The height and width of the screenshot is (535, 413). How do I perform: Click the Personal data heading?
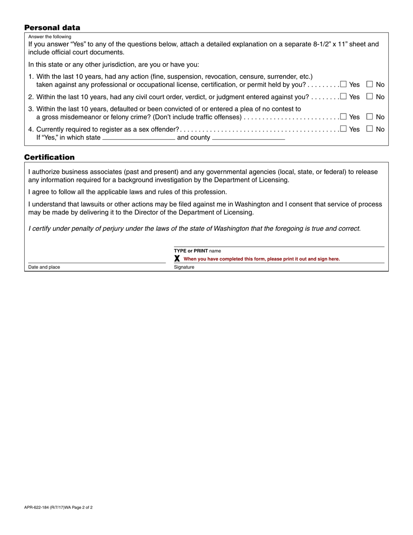click(52, 28)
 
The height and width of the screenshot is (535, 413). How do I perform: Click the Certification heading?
click(49, 157)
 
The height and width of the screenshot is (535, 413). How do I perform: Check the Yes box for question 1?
click(343, 84)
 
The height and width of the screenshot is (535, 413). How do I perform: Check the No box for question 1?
click(370, 84)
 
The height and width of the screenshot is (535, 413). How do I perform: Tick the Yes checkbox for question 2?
click(343, 97)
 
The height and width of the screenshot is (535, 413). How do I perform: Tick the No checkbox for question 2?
click(370, 97)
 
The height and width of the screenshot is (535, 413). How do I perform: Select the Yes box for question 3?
click(343, 117)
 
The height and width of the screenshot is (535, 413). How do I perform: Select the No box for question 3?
click(370, 117)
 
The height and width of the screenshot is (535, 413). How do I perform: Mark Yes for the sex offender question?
click(343, 129)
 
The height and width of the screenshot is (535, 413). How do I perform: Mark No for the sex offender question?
click(370, 129)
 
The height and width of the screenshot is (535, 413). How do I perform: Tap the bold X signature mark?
click(177, 258)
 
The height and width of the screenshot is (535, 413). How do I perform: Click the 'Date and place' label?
click(44, 267)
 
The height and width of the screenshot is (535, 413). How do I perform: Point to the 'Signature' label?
click(184, 267)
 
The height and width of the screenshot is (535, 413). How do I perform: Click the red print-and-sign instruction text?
click(262, 259)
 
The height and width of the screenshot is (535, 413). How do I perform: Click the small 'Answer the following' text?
click(50, 37)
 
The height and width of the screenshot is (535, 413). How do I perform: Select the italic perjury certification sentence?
click(194, 228)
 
